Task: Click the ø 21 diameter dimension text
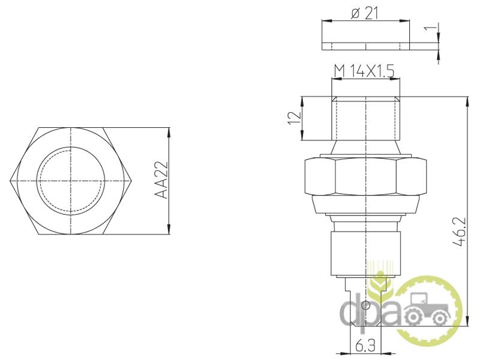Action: [365, 13]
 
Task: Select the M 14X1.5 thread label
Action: [364, 71]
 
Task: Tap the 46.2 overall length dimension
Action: [460, 232]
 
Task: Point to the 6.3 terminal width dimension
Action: [365, 346]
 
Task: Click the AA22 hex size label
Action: [161, 181]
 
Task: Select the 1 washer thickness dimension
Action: [430, 28]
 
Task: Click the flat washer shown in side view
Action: [365, 46]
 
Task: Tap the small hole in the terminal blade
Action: [366, 305]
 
